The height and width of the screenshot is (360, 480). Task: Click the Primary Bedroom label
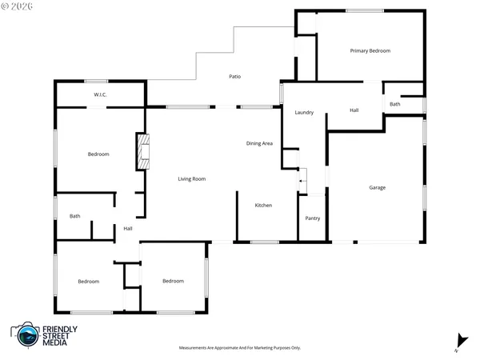370,50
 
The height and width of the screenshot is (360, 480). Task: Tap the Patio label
235,77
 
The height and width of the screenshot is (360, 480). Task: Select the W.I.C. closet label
101,95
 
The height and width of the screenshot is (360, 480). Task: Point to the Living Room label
192,178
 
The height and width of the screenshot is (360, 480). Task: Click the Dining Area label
260,143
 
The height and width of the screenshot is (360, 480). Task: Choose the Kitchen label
263,206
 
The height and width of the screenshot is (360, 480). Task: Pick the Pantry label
313,218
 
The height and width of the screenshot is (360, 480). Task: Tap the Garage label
378,188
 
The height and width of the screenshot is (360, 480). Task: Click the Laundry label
303,113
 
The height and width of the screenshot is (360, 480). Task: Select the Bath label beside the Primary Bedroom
395,105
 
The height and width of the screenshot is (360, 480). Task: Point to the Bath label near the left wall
75,216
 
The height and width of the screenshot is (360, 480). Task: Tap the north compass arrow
459,341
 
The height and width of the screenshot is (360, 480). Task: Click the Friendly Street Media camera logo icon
26,336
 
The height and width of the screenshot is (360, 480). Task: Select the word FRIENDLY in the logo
61,330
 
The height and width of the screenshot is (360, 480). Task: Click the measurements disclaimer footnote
240,348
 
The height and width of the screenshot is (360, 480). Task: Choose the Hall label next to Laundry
354,110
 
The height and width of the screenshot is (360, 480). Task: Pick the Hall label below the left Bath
128,229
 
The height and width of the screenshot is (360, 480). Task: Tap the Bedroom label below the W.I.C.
98,154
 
